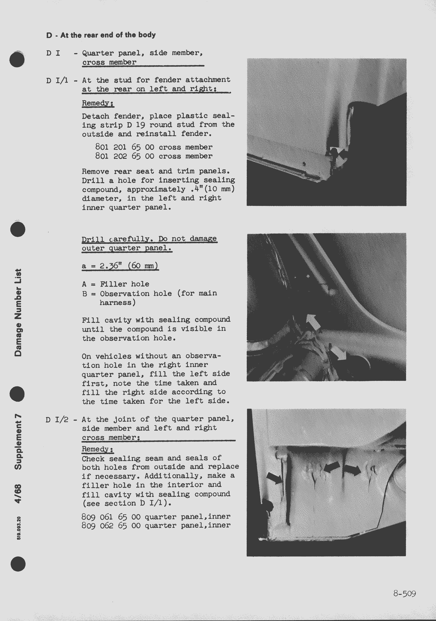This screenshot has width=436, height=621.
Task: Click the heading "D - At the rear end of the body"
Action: tap(101, 35)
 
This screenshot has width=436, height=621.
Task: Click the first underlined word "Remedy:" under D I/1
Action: tap(98, 103)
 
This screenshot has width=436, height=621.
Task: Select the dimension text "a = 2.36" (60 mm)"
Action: tap(120, 266)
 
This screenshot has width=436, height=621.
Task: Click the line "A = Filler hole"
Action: tap(116, 284)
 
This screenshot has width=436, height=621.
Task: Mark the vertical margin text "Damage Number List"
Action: tap(18, 312)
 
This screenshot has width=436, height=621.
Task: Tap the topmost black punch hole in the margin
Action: tap(17, 60)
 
